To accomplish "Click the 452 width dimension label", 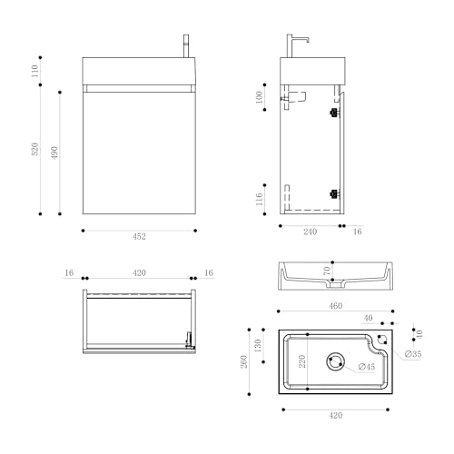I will pos(139,237).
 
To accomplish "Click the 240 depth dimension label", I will pos(310,233).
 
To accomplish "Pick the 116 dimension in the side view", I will pos(260,197).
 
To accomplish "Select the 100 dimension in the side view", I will pos(260,98).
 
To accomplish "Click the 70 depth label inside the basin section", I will pos(328,271).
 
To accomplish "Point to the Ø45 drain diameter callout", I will pos(366,367).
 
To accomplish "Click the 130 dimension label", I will pos(259,346).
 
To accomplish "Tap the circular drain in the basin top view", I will pos(336,361).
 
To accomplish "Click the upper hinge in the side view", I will pos(333,113).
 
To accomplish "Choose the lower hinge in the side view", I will pos(333,192).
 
